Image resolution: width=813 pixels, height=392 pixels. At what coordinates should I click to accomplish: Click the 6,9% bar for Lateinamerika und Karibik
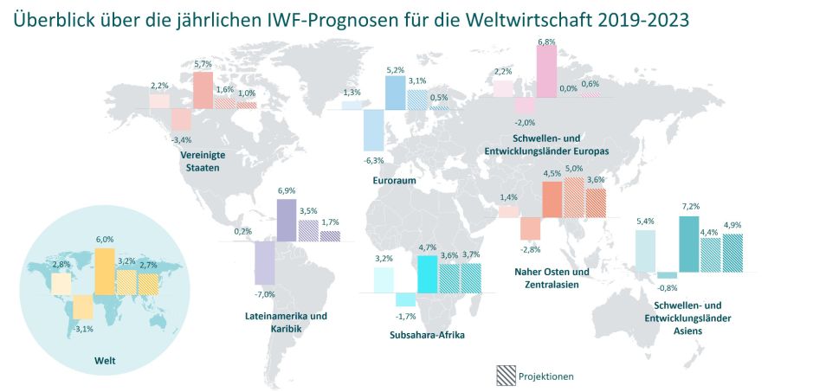click(287, 220)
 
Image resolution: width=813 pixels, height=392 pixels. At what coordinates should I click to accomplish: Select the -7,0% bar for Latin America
click(265, 263)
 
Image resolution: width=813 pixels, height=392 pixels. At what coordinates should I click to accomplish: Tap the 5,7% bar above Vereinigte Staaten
click(203, 90)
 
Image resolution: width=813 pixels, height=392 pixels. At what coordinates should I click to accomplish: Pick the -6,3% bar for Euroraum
click(373, 130)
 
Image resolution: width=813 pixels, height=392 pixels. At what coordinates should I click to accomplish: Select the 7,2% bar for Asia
click(689, 243)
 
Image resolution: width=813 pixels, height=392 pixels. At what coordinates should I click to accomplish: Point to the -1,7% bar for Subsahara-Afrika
click(405, 299)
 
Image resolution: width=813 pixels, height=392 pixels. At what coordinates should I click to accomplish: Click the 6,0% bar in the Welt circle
click(104, 272)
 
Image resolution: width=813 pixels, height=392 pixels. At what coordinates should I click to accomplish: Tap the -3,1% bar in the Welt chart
click(82, 307)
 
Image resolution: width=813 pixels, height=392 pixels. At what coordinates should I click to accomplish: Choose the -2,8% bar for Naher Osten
click(531, 228)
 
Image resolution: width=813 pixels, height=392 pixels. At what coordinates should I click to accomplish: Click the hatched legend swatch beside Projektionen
click(506, 376)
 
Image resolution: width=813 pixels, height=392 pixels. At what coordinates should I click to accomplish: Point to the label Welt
click(104, 359)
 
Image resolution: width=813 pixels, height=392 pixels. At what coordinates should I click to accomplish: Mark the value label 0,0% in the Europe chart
click(568, 87)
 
